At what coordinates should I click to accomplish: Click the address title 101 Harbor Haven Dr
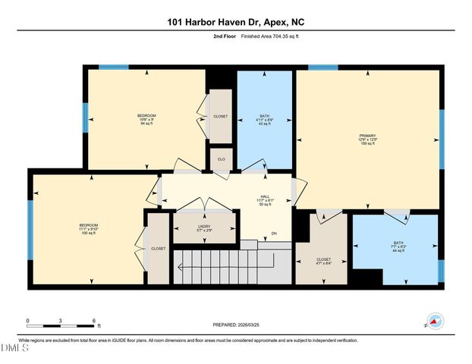pyautogui.click(x=235, y=23)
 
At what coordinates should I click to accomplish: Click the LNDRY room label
pyautogui.click(x=182, y=226)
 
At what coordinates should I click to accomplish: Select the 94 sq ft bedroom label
pyautogui.click(x=146, y=118)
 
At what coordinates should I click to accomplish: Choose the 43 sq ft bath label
pyautogui.click(x=265, y=120)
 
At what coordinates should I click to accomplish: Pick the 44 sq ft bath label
pyautogui.click(x=399, y=246)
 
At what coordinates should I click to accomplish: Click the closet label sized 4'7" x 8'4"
pyautogui.click(x=323, y=262)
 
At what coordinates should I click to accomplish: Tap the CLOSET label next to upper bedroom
pyautogui.click(x=220, y=117)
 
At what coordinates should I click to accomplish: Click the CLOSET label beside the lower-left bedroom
pyautogui.click(x=158, y=249)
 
